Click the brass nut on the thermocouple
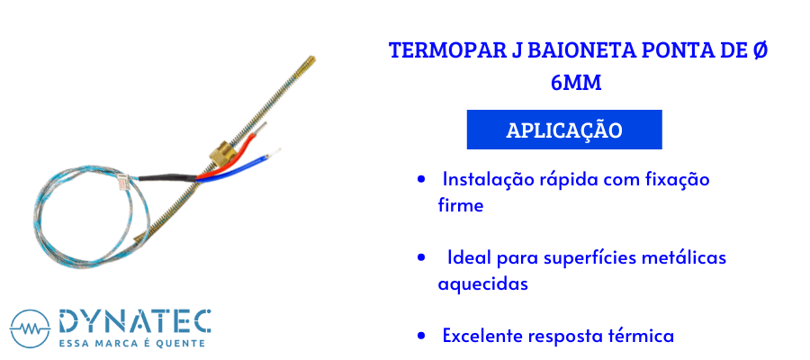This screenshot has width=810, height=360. [x=221, y=153]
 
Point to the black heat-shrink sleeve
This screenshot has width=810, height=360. [x=167, y=177]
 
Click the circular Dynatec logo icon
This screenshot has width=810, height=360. [x=30, y=329]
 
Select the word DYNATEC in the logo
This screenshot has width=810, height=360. [x=135, y=321]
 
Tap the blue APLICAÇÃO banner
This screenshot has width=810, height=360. [x=564, y=130]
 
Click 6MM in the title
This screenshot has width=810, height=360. [x=576, y=83]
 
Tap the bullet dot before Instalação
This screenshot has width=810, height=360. [x=421, y=179]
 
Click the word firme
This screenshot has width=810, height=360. [x=461, y=205]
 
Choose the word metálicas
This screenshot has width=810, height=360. [x=683, y=257]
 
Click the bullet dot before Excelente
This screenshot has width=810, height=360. [x=421, y=337]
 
